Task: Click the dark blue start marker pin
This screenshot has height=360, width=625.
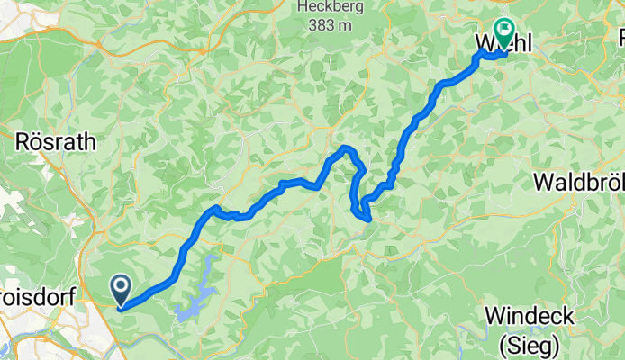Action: (121, 289)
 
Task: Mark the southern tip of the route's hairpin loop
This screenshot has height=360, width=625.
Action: (366, 217)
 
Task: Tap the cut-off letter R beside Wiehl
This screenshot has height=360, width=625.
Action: (620, 38)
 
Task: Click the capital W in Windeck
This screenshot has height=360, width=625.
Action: (495, 316)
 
